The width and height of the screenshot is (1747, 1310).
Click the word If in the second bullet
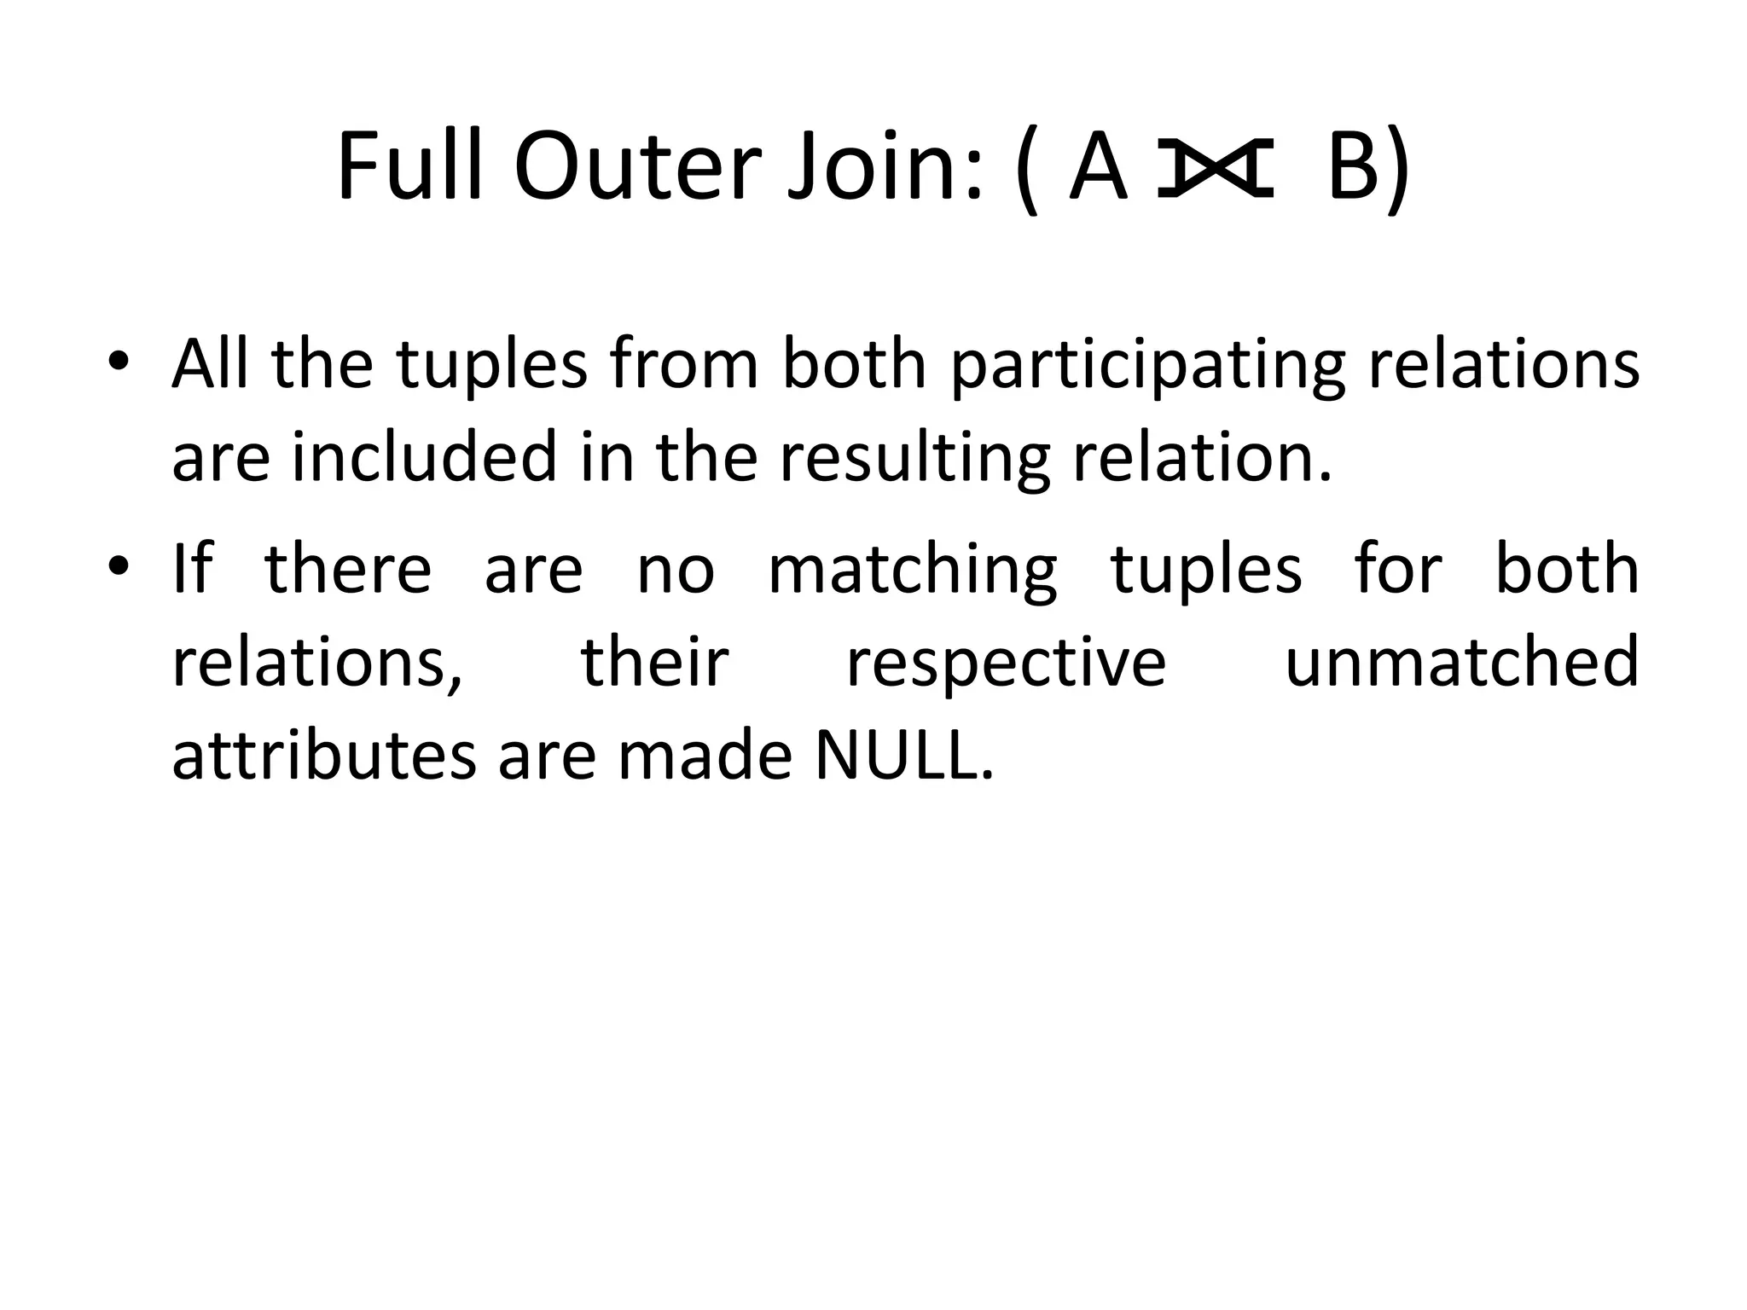(x=192, y=569)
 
